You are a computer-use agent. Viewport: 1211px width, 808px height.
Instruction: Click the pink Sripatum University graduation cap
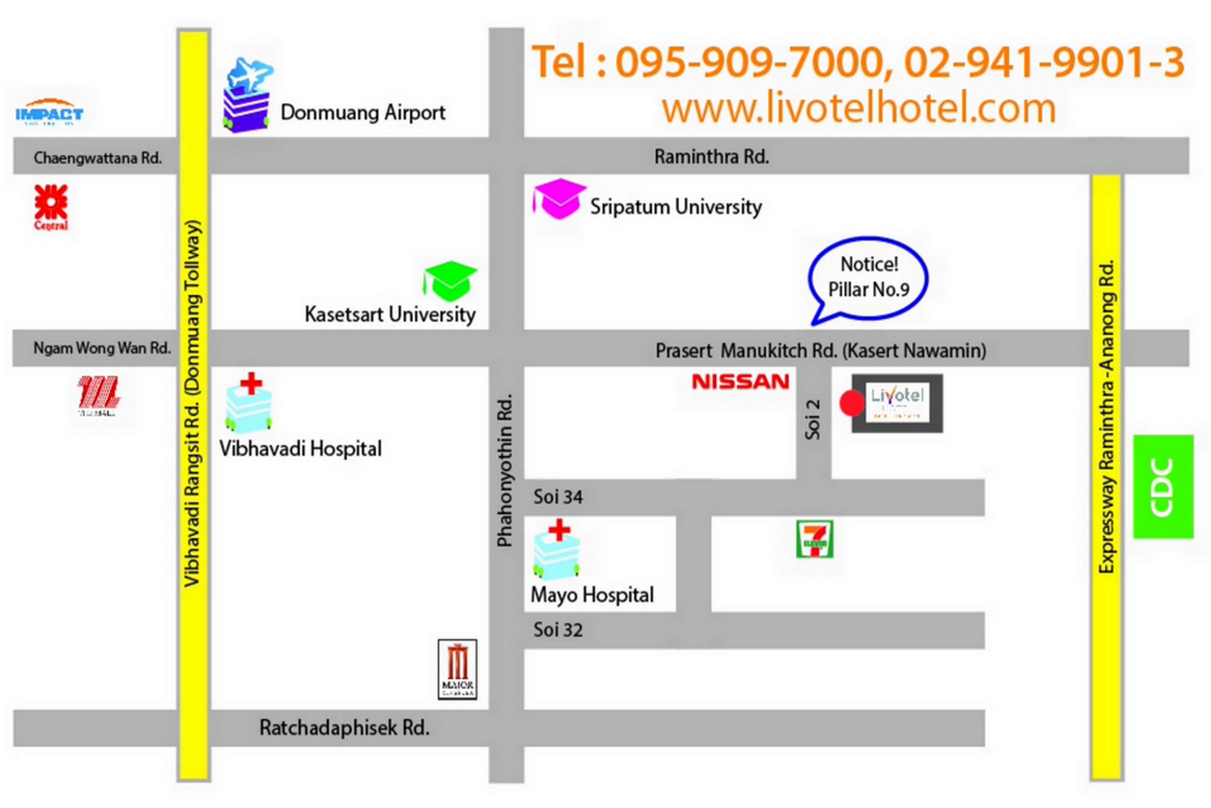(x=559, y=199)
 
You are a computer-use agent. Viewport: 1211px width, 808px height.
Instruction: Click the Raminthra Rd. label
(x=711, y=157)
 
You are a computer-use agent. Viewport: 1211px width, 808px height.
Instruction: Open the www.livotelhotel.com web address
(x=859, y=108)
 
